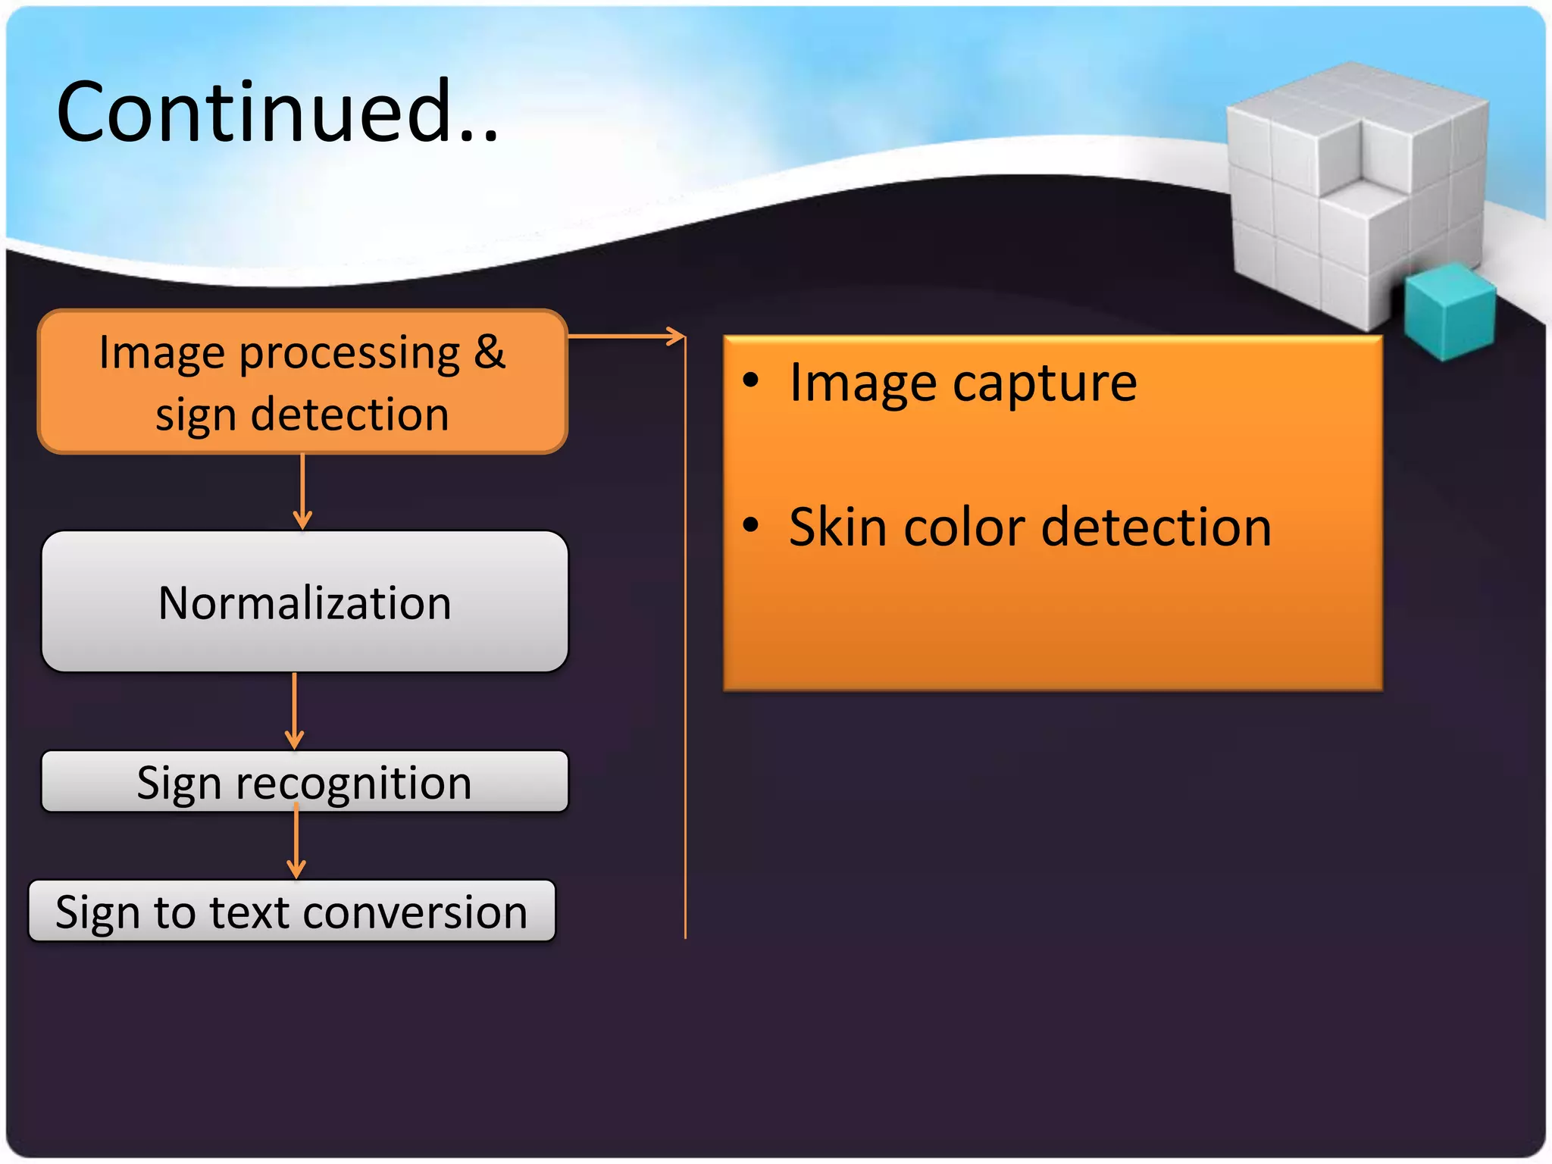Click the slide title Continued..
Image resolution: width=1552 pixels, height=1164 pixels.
point(277,112)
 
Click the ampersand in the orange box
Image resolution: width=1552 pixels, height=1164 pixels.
point(490,352)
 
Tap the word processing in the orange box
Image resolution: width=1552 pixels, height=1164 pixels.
point(349,354)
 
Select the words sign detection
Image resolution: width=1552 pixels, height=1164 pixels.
point(302,415)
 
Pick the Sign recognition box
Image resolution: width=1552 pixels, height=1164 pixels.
point(304,782)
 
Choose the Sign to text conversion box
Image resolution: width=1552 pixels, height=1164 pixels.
point(292,912)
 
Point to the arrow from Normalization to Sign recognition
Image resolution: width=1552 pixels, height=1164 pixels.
point(295,710)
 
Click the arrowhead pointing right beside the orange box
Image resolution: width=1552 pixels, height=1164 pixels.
point(675,336)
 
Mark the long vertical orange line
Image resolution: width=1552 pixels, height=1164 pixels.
point(685,644)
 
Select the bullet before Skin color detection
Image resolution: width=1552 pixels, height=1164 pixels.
point(750,524)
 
